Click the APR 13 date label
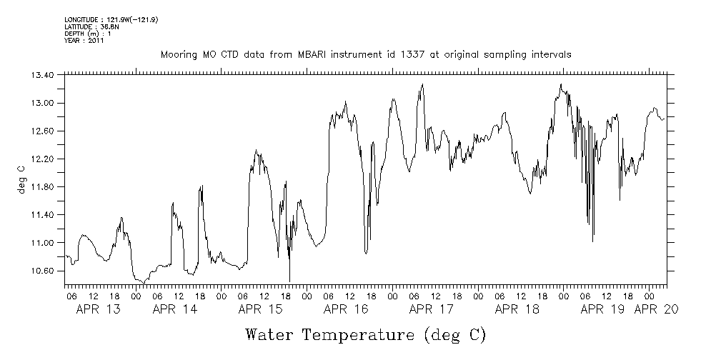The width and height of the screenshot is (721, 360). [97, 310]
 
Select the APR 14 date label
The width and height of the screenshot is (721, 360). [174, 310]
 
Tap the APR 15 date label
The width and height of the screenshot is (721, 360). [260, 310]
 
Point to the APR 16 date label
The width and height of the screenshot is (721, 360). [346, 310]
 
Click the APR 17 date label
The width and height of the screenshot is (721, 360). [432, 310]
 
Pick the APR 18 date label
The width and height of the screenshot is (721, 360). [517, 310]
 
